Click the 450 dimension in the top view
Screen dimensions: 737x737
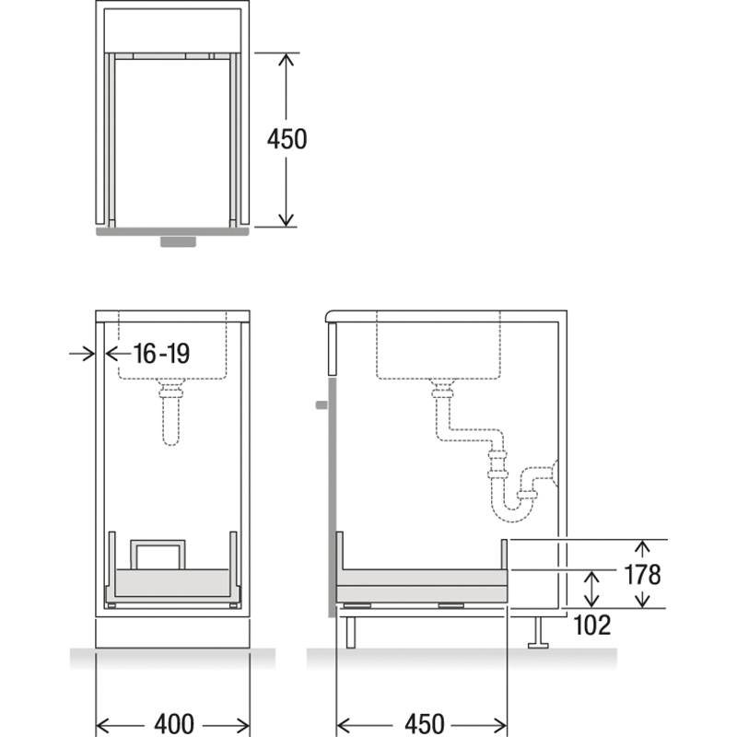(287, 139)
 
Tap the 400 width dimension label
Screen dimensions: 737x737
(174, 724)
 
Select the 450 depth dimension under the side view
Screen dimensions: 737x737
(424, 724)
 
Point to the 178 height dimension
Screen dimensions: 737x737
(642, 574)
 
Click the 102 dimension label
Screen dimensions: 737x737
(592, 626)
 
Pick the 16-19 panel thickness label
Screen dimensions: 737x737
(162, 354)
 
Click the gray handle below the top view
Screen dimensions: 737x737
(178, 241)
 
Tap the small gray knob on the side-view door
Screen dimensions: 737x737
(322, 404)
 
